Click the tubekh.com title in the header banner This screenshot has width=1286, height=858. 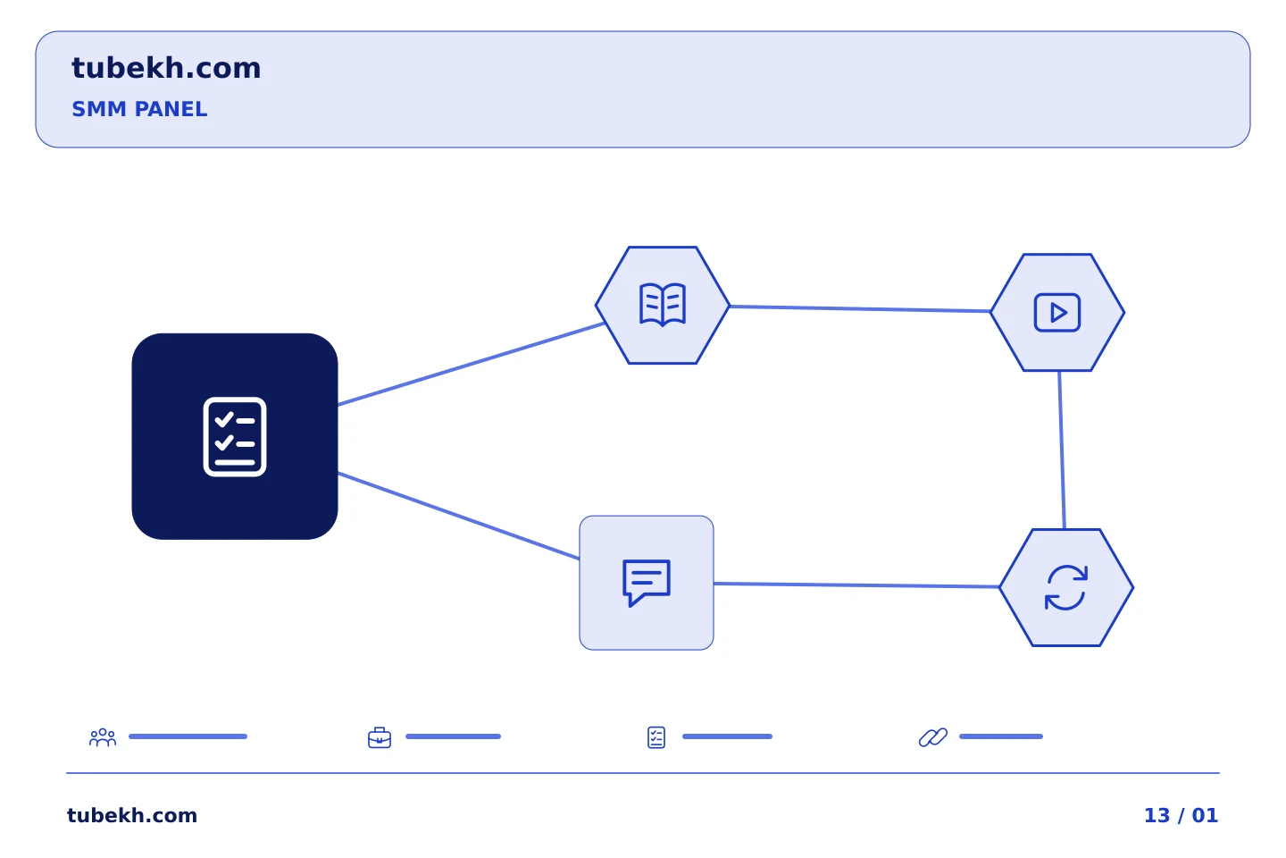coord(166,68)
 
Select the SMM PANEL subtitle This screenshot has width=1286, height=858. coord(139,109)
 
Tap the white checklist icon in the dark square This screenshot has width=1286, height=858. coord(235,437)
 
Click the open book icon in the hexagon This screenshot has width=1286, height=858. coord(663,305)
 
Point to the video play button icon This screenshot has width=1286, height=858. coord(1057,313)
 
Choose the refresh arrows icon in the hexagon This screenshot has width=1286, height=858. coord(1066,587)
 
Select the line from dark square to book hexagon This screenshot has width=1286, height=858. coord(471,365)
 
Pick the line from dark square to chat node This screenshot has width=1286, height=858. coord(459,516)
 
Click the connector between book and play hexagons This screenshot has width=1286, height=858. coord(860,308)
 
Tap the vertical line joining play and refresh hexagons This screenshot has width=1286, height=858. coord(1062,450)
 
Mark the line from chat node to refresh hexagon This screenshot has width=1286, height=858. coord(856,585)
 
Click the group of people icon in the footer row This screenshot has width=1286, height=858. coord(103,736)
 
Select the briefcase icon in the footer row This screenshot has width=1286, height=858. coord(380,737)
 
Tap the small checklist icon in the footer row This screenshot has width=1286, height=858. coord(656,737)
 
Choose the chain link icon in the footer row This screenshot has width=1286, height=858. coord(933,737)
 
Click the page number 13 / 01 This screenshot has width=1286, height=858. coord(1181,815)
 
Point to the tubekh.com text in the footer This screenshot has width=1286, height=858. coord(132,815)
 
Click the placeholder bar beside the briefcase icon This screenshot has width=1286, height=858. coord(453,736)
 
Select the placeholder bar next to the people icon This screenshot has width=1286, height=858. coord(188,736)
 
